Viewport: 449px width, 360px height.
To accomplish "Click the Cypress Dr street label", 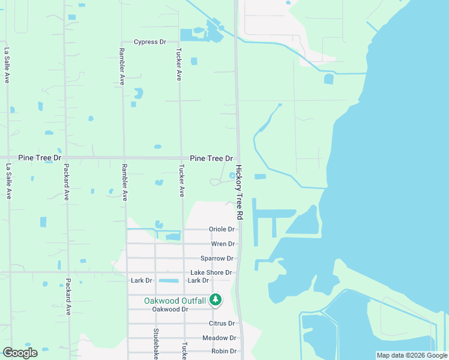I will coord(149,42).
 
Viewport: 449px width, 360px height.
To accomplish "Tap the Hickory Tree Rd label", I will coord(239,192).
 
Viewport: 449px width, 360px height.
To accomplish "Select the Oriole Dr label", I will coord(221,229).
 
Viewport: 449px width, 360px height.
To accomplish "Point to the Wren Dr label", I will coord(223,244).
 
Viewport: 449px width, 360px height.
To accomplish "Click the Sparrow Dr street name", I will coord(217,259).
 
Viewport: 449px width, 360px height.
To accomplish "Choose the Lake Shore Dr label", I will coord(211,273).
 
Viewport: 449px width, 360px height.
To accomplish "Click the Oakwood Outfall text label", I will coord(175,300).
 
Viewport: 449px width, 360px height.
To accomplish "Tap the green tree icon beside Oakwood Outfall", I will coord(215,299).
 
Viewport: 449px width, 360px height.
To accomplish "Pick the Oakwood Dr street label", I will coord(170,310).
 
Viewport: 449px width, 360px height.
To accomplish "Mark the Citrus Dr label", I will coord(221,323).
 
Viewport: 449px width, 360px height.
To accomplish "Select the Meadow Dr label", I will coord(219,338).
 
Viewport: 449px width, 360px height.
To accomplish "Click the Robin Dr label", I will coord(224,352).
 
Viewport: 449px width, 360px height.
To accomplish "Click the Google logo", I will coord(20,353).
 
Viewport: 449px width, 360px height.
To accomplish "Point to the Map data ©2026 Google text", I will coord(411,355).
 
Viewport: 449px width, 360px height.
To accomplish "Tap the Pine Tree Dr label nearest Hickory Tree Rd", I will coord(211,158).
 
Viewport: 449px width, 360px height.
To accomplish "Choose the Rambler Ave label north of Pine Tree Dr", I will coord(122,66).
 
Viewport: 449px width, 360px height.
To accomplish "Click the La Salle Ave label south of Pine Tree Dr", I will coord(9,181).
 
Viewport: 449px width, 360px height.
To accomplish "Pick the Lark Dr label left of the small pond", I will coord(142,280).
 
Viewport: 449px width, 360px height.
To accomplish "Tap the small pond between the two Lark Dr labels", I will coord(170,281).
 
